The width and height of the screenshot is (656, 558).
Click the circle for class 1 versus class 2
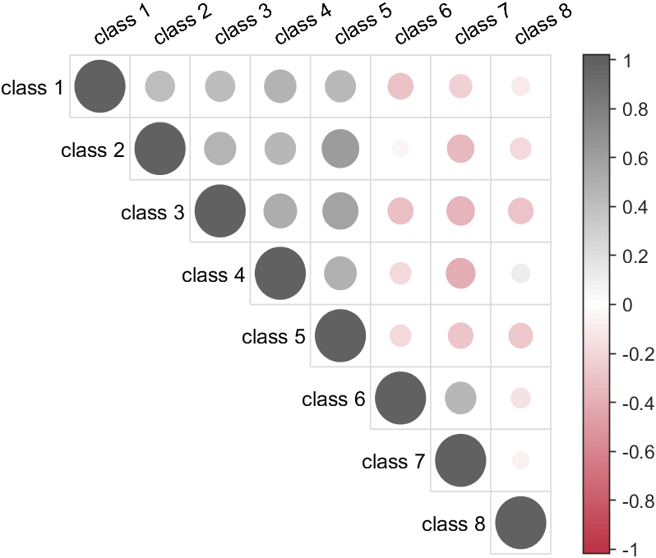(x=159, y=86)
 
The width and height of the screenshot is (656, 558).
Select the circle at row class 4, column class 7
(x=460, y=274)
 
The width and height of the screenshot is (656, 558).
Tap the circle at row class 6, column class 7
(x=460, y=399)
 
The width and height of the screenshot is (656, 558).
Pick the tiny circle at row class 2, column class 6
(x=400, y=149)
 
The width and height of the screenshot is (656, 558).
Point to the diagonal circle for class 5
(x=340, y=336)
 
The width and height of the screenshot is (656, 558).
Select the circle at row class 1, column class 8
(x=520, y=86)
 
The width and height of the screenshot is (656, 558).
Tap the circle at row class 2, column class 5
(x=340, y=149)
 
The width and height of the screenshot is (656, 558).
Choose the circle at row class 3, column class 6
(x=400, y=211)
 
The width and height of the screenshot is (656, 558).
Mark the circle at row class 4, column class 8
(x=520, y=274)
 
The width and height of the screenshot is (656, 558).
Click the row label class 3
(x=152, y=213)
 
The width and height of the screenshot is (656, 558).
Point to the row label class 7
(x=393, y=462)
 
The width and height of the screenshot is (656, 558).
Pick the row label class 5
(x=273, y=337)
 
